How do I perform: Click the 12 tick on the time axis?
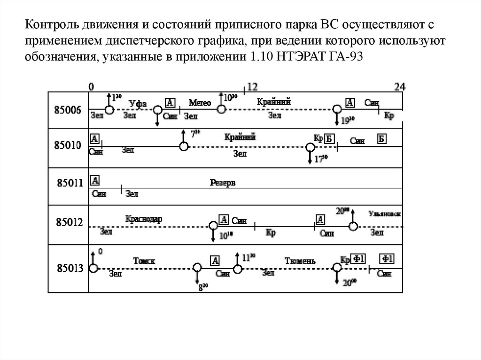tap(252, 87)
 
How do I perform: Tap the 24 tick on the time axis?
tap(400, 87)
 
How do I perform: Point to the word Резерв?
tap(223, 183)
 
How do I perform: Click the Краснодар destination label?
tap(144, 219)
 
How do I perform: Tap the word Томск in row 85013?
tap(144, 260)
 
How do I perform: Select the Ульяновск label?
tap(385, 214)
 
